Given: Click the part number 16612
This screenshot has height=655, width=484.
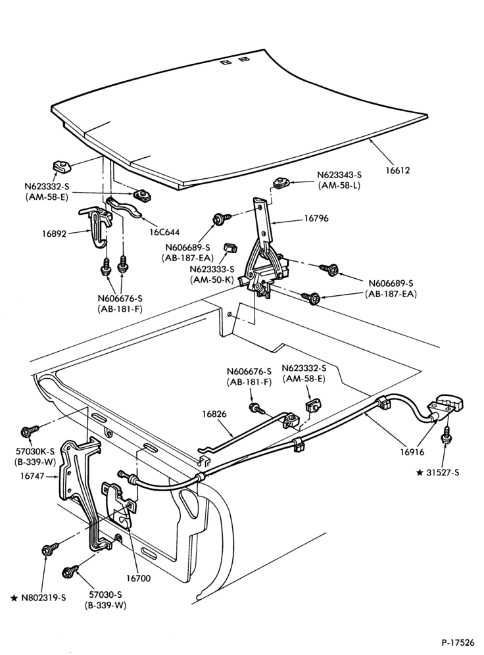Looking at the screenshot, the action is [x=398, y=170].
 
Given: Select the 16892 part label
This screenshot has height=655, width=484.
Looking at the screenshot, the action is [x=54, y=233].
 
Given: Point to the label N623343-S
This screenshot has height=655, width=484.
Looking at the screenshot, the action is [x=339, y=175].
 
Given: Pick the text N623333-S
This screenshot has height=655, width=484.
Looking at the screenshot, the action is [x=212, y=270].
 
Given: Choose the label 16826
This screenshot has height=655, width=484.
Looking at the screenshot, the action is [x=214, y=414].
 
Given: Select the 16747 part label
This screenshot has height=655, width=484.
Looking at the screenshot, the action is [x=32, y=475].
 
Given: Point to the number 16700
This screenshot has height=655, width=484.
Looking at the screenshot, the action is [x=138, y=579].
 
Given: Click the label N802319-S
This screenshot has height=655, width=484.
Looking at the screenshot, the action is [x=43, y=597].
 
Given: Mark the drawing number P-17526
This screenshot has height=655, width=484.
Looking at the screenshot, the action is [x=458, y=642].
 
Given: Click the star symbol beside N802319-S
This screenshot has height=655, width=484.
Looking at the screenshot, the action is [x=14, y=598].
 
